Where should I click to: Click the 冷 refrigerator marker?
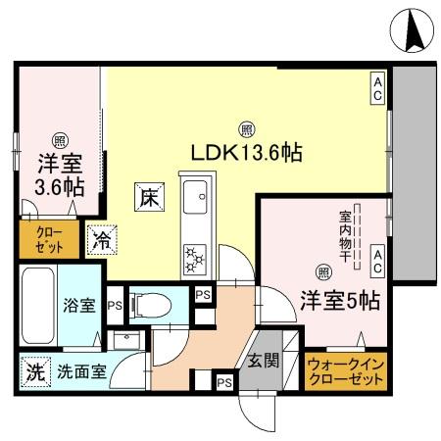pos(100,237)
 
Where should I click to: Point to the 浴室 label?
pos(80,305)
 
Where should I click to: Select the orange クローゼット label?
pos(39,240)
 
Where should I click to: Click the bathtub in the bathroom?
pos(40,303)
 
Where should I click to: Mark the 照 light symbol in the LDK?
pos(246,126)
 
